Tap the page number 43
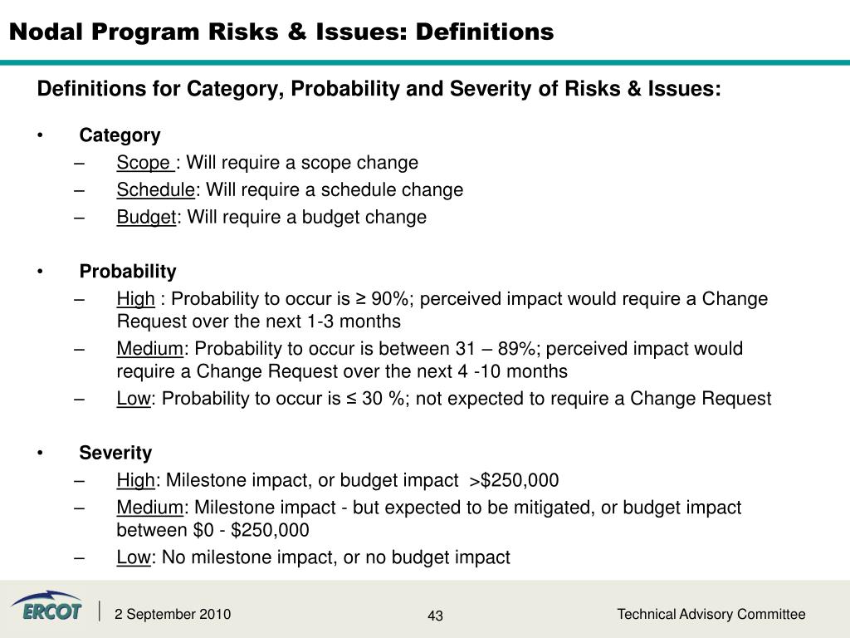(436, 616)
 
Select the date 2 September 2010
(173, 615)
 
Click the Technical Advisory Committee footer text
(711, 614)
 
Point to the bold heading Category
(120, 135)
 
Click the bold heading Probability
(128, 272)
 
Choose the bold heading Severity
(115, 453)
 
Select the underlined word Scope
(143, 163)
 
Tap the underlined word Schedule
(155, 190)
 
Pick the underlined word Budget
(146, 218)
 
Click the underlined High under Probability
(135, 299)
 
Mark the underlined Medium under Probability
(149, 349)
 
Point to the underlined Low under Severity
(133, 557)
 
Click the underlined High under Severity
(135, 480)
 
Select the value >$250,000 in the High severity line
(514, 480)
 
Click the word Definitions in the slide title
(484, 32)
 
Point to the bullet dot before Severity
(41, 453)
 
